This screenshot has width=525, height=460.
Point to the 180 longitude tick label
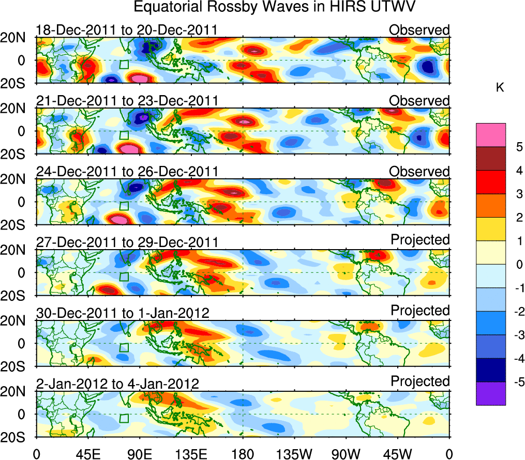coord(243,453)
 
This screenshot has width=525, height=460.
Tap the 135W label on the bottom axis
coord(294,453)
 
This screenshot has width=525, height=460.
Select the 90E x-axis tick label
coord(139,453)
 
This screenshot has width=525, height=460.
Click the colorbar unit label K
coord(500,88)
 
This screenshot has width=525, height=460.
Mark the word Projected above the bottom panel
coord(420,381)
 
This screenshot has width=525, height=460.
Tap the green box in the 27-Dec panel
coord(124,277)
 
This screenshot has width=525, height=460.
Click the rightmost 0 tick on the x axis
coord(449,453)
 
